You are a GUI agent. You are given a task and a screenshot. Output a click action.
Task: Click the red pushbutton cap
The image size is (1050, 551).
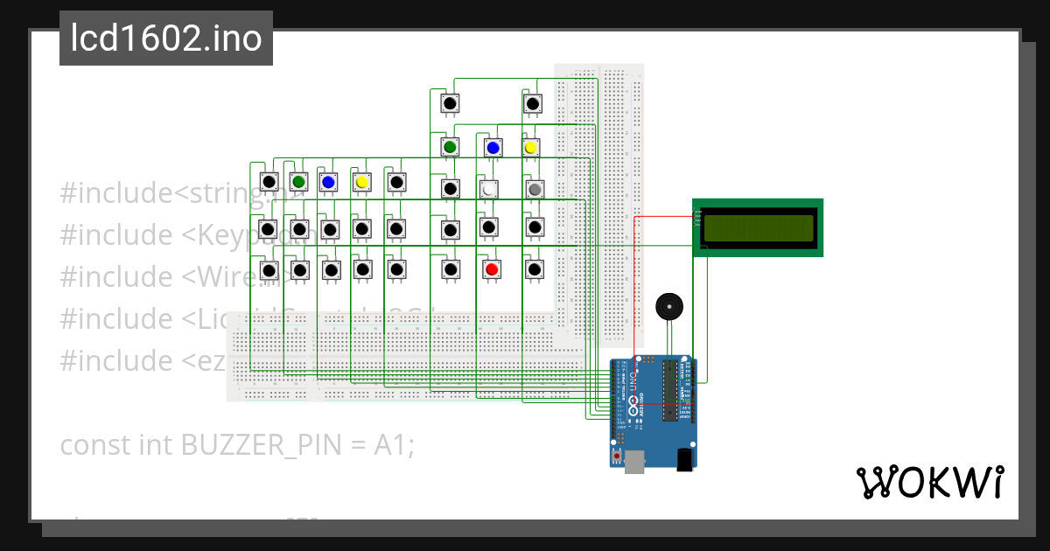coord(492,269)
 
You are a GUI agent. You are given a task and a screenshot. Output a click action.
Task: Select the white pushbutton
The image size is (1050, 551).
coord(490,188)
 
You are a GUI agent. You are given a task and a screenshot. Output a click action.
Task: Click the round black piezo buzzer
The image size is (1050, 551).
coord(670,306)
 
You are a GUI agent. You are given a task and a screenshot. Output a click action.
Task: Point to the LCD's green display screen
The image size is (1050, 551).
coord(758,228)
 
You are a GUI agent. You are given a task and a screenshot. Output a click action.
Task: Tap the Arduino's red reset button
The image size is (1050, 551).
coord(617,457)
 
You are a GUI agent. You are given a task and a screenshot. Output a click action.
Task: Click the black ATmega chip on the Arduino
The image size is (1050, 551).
coord(671,390)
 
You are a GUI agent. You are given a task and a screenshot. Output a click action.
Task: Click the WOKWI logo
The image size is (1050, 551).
coord(929,482)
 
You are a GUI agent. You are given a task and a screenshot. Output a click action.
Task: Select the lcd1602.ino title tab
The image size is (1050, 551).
coord(166,39)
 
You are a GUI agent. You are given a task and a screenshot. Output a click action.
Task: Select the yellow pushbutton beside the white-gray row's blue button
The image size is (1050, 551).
coord(530,147)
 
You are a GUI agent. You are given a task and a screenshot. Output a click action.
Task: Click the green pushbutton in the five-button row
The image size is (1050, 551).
coord(299,181)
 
